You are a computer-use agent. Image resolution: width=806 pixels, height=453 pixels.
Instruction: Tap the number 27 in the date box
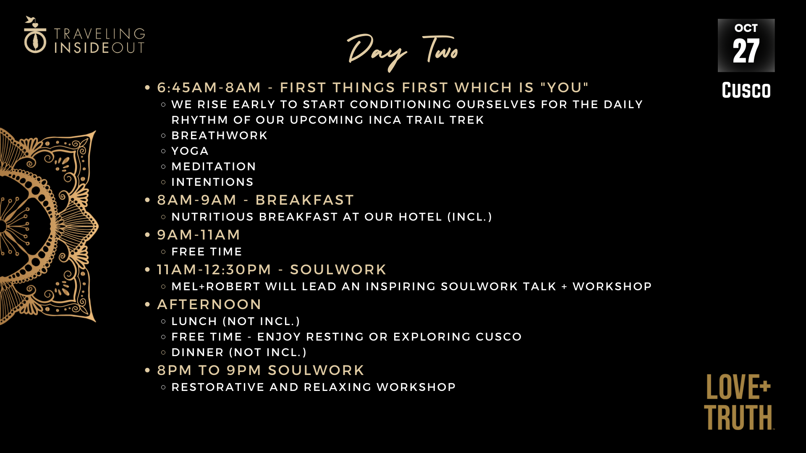(x=746, y=51)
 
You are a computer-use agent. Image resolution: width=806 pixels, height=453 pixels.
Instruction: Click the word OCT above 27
(x=746, y=28)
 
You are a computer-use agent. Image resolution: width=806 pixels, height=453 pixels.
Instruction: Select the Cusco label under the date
(x=746, y=90)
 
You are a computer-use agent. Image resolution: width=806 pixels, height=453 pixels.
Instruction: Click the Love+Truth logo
(x=739, y=402)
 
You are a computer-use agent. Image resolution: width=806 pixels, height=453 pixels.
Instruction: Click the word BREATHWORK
(x=220, y=135)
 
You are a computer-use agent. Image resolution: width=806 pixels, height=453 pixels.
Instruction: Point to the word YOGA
(x=190, y=151)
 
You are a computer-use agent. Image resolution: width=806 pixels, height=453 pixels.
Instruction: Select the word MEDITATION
(x=214, y=167)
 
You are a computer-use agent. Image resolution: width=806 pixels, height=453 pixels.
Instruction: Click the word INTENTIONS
(x=212, y=182)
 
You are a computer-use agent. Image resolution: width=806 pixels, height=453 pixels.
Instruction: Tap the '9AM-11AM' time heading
(x=199, y=235)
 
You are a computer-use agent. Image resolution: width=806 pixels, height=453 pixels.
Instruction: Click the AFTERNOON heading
(x=209, y=305)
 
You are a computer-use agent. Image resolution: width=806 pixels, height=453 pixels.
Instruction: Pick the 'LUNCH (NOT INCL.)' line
(x=236, y=321)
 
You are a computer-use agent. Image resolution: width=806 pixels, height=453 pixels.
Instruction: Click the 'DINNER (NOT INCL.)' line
(x=239, y=352)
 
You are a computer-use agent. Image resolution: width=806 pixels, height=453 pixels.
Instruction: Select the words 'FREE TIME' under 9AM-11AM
(x=207, y=252)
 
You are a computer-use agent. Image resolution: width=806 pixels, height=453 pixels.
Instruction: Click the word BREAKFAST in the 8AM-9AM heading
(x=305, y=200)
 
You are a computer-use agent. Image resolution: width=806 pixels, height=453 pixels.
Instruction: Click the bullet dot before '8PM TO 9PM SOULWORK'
(x=147, y=370)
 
